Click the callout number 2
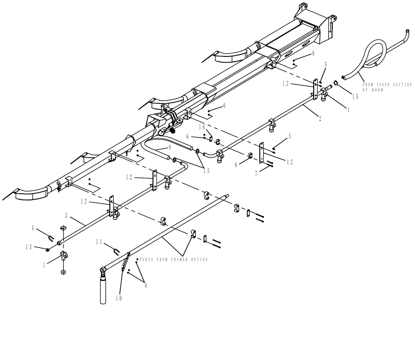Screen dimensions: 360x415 pos(320,117)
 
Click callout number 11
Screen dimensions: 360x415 pos(99,241)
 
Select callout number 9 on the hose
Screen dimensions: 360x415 pos(170,148)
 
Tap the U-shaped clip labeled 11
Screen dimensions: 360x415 pos(117,252)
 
